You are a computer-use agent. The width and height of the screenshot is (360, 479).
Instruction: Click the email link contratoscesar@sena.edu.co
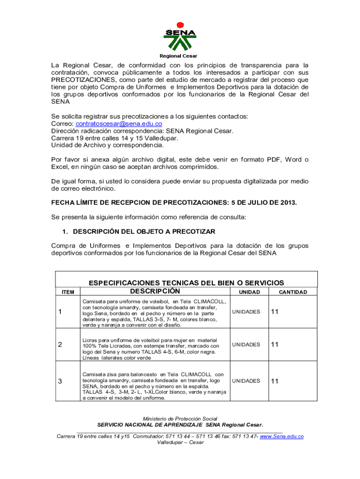(x=119, y=124)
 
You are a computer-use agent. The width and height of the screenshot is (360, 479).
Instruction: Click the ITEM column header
(x=68, y=292)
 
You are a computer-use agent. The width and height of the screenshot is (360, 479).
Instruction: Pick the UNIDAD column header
(x=250, y=292)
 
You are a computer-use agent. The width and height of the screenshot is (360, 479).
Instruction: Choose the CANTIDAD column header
(x=293, y=292)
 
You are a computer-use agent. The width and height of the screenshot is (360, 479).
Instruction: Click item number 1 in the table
(x=60, y=312)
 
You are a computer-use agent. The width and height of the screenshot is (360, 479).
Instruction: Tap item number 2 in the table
(x=60, y=345)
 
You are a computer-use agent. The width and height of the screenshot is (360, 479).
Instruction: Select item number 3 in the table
(x=60, y=381)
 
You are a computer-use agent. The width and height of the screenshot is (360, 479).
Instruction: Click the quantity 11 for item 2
(x=274, y=345)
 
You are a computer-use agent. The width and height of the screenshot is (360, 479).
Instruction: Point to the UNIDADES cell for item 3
(x=246, y=381)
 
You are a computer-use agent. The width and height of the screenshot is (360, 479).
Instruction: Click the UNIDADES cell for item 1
(x=246, y=312)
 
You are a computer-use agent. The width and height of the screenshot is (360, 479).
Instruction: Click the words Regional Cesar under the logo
(x=180, y=56)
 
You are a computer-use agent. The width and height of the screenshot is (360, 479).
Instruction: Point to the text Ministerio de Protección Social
(x=180, y=419)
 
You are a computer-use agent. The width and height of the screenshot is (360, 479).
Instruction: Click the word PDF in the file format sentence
(x=270, y=160)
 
